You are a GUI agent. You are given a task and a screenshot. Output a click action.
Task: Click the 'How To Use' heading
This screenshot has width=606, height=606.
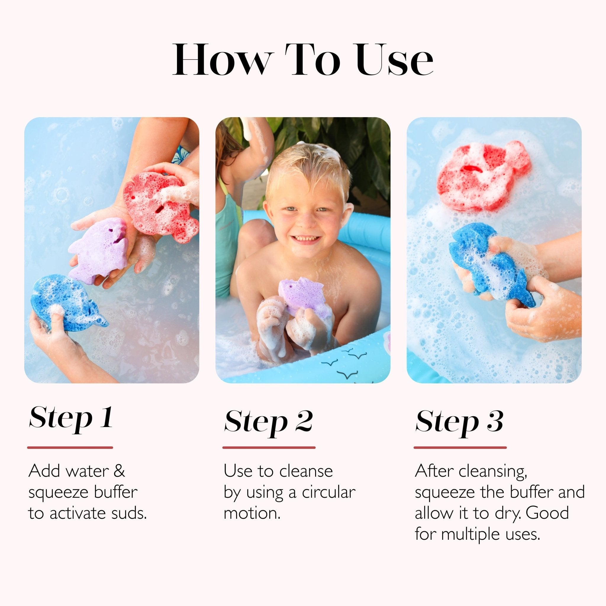(303, 59)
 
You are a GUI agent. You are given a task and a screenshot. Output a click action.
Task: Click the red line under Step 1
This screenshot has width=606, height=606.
(70, 448)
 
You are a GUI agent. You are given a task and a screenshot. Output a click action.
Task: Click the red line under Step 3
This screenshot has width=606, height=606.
(460, 448)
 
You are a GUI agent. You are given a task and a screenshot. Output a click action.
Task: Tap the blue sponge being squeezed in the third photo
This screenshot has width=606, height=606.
(489, 267)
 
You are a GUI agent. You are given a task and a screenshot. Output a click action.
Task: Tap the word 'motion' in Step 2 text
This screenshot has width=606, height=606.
(251, 513)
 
